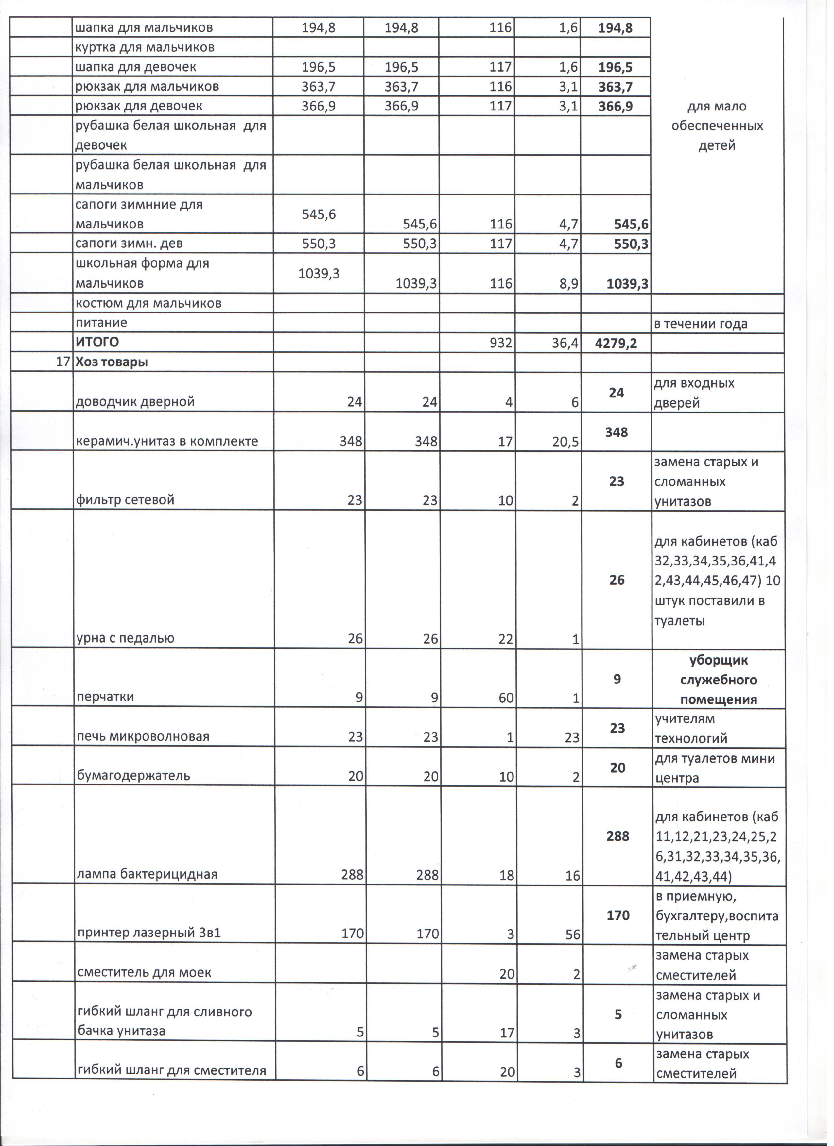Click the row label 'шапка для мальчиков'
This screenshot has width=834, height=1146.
(x=144, y=28)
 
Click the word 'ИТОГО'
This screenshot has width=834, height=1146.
(x=97, y=343)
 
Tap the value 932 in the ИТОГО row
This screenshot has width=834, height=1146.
(x=501, y=343)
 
